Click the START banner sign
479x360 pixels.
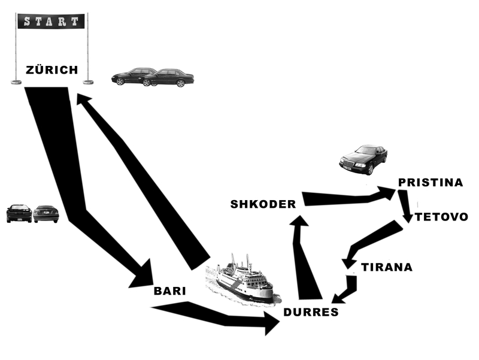tap(51, 22)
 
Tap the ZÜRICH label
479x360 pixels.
tap(51, 70)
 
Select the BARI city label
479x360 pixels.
tap(169, 291)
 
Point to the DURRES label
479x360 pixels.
tap(311, 312)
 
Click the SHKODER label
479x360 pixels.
tap(263, 204)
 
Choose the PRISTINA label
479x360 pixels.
tap(431, 182)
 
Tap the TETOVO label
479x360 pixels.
tap(441, 217)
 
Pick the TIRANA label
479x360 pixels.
tap(387, 267)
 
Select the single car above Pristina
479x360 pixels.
tap(363, 159)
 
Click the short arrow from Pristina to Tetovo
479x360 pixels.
tap(405, 207)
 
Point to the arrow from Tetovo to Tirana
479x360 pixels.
tap(371, 243)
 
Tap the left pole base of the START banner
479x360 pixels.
tap(16, 81)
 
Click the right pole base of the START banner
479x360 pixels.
tap(88, 81)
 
